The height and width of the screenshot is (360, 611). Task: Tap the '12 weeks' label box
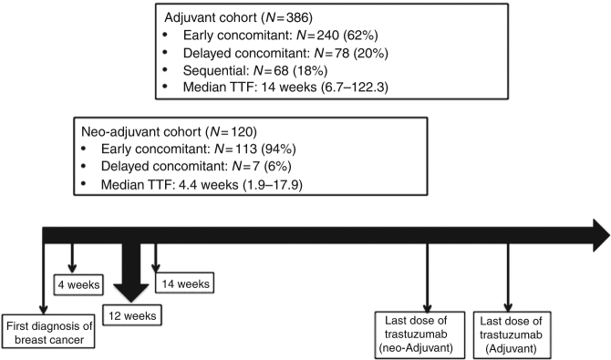point(129,316)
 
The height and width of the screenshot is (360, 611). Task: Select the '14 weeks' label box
point(186,283)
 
